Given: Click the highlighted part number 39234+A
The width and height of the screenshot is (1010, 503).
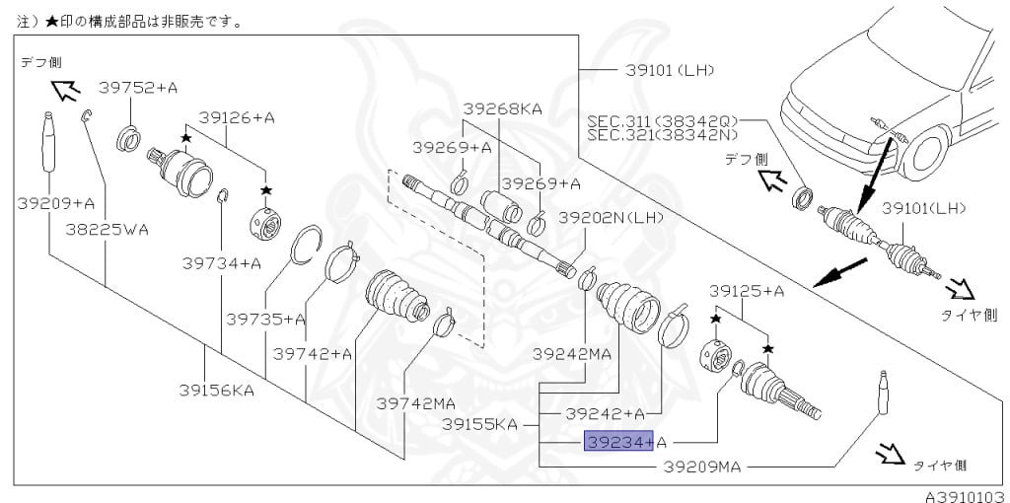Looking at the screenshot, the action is tap(624, 442).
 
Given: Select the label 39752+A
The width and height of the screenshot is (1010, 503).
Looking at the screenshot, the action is tap(138, 88).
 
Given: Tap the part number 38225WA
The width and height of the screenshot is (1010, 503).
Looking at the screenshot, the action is tap(107, 229).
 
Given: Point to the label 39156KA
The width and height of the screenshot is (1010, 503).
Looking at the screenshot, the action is tap(216, 391).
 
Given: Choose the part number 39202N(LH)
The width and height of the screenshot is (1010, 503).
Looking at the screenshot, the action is tap(611, 218).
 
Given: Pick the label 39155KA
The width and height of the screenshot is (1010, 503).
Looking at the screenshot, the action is tap(480, 425).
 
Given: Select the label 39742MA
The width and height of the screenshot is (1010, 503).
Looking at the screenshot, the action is tap(416, 404).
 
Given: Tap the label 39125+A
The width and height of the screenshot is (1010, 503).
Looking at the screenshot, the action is tap(746, 291).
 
